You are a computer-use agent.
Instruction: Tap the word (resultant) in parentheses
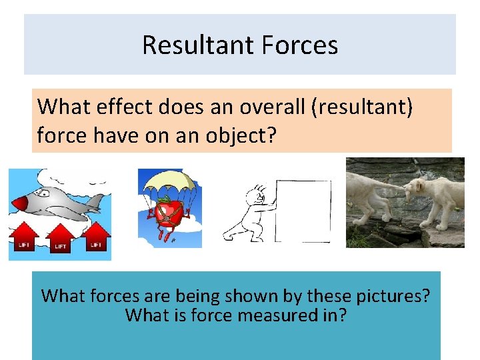click(360, 107)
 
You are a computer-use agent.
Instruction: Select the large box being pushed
click(303, 210)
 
